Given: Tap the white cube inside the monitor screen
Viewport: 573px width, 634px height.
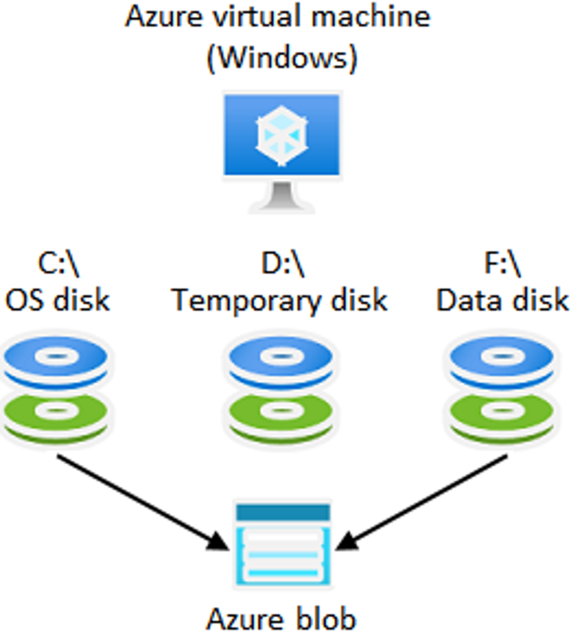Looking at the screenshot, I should [x=282, y=135].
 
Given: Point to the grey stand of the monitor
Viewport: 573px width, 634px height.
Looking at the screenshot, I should [x=282, y=197].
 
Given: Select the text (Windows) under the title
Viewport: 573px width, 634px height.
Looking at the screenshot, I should [x=282, y=59].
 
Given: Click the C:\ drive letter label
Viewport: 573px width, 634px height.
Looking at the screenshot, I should [x=58, y=265].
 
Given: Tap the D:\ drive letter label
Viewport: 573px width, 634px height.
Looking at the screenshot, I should [x=282, y=265].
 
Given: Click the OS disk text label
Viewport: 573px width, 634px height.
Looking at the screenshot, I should [x=58, y=300].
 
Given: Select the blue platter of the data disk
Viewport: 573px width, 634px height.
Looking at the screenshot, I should [x=502, y=359].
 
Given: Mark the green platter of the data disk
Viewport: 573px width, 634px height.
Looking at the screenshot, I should [x=502, y=412].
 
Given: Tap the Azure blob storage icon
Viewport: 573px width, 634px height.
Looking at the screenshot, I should [x=282, y=545].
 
